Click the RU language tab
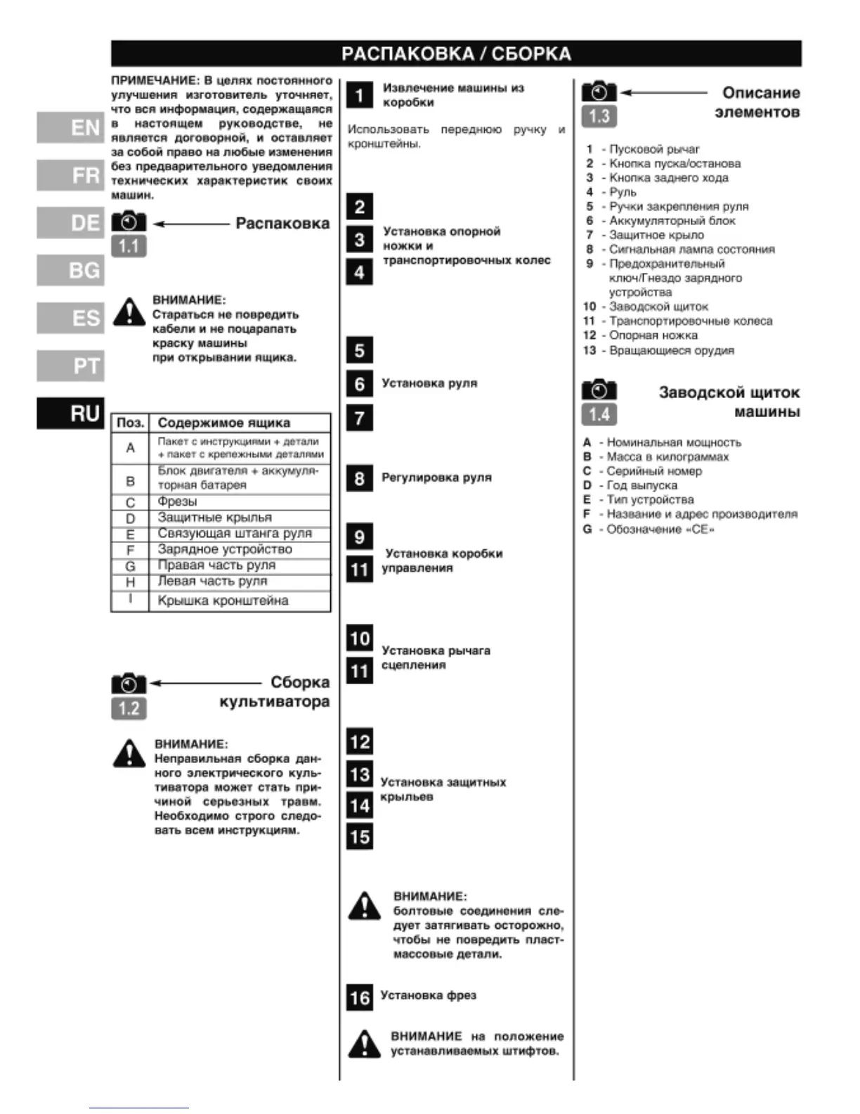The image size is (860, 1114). click(x=70, y=413)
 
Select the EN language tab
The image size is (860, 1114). click(x=70, y=128)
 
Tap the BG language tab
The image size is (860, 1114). click(x=70, y=270)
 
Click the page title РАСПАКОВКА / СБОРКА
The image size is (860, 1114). click(x=456, y=54)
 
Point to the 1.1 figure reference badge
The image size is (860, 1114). click(x=129, y=247)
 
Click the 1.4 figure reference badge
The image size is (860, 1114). click(x=599, y=414)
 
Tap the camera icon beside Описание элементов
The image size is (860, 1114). click(x=599, y=92)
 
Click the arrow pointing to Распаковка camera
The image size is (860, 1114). click(x=191, y=224)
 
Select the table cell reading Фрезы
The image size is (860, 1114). click(x=178, y=501)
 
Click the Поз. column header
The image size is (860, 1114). click(x=131, y=423)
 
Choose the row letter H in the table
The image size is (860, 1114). click(x=130, y=582)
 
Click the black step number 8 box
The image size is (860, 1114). click(x=359, y=478)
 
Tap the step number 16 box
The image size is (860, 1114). click(x=359, y=997)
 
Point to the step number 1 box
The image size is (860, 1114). click(x=359, y=95)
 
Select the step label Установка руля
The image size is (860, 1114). click(x=429, y=383)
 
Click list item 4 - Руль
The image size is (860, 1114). click(x=612, y=192)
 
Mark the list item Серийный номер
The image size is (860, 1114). click(x=654, y=471)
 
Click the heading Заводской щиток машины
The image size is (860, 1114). click(x=729, y=402)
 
